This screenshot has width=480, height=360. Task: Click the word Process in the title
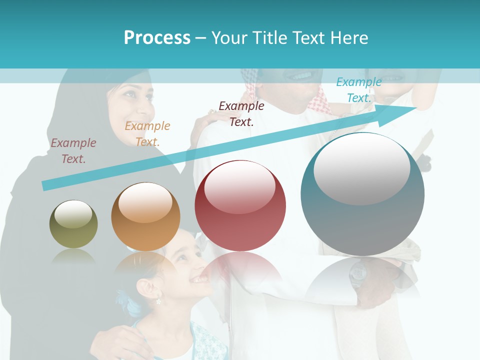click(157, 38)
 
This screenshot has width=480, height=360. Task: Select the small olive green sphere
click(73, 224)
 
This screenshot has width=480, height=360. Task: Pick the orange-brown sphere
click(145, 217)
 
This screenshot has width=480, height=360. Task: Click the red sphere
click(240, 206)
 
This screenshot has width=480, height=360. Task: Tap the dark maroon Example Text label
click(241, 113)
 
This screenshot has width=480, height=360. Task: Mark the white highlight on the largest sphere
click(361, 168)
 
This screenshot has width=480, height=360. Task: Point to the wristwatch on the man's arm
click(358, 273)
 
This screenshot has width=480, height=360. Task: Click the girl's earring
click(158, 301)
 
